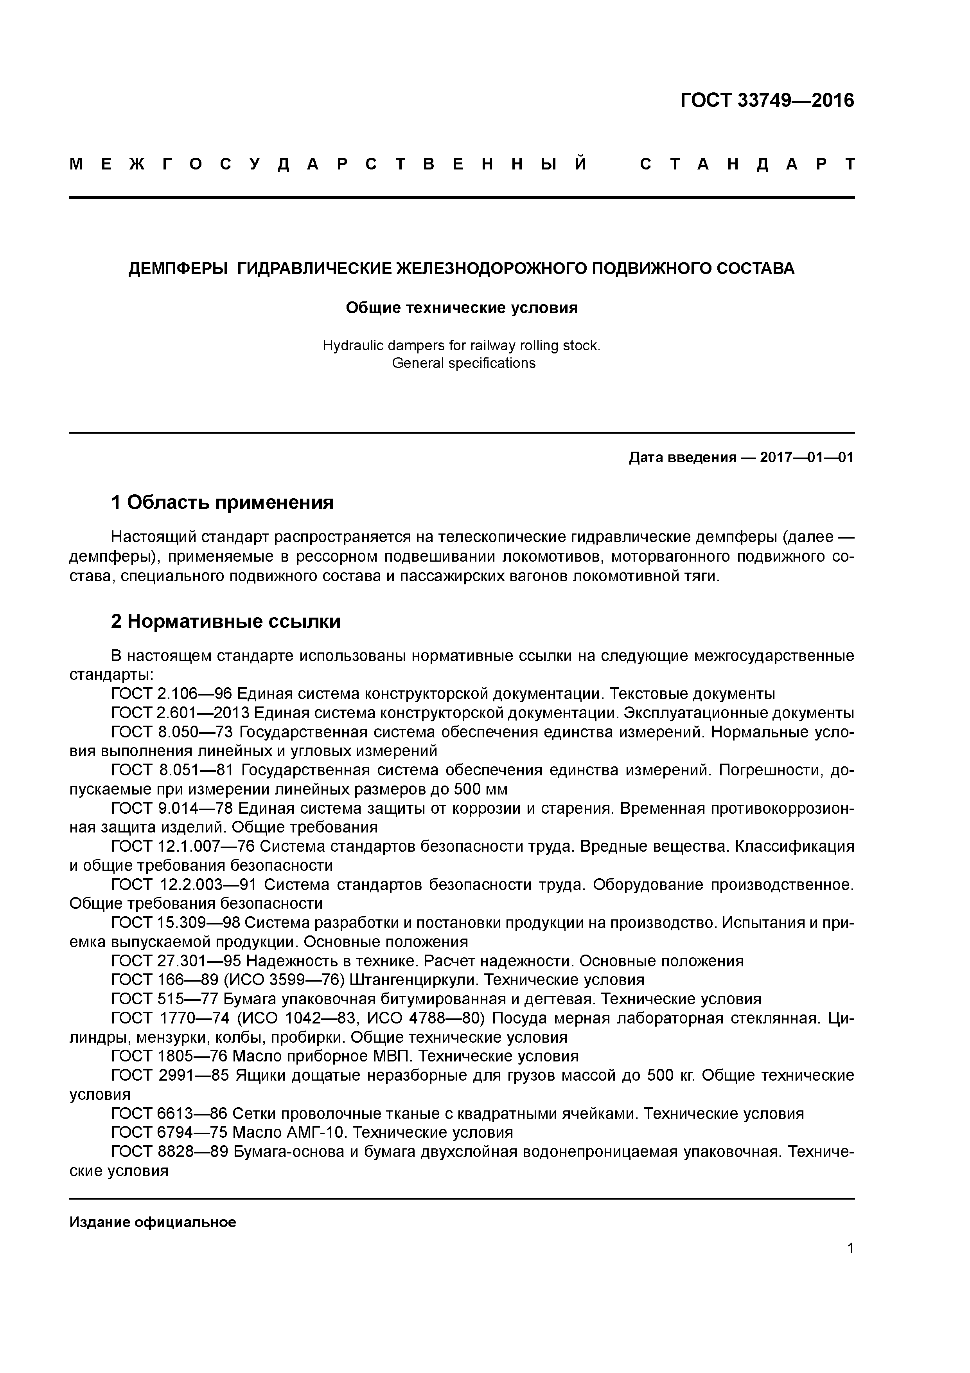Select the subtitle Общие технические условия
462,308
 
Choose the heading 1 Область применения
222,502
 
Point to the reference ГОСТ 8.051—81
172,770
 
